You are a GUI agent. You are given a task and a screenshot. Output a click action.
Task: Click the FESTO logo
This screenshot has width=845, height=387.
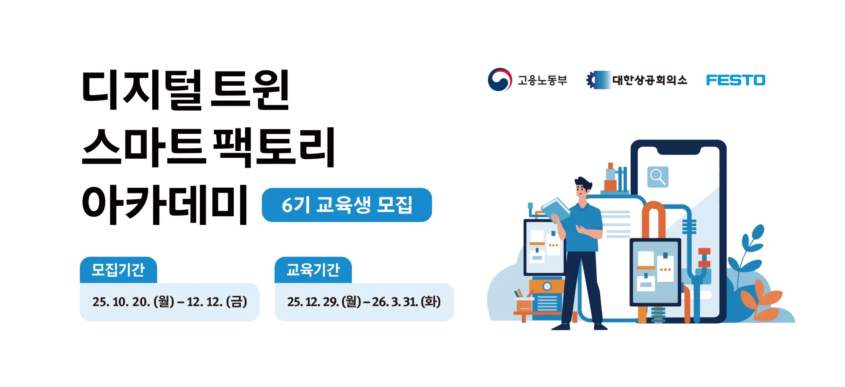(735, 80)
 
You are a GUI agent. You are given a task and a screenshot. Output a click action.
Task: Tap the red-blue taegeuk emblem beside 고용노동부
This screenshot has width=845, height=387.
(500, 80)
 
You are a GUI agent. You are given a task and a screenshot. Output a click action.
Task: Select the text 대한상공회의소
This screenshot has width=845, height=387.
(650, 80)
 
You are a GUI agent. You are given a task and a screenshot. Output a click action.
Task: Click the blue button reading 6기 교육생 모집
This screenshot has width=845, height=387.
(347, 205)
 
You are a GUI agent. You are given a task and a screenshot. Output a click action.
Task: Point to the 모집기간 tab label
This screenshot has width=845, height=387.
(118, 270)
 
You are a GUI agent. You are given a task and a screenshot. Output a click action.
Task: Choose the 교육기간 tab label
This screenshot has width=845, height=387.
(313, 270)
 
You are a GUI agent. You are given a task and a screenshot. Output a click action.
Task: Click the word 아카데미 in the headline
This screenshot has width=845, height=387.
(165, 205)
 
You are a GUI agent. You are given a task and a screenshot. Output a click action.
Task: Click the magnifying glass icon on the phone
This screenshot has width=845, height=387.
(658, 177)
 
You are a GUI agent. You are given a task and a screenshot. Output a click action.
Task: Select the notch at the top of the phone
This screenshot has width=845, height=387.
(678, 151)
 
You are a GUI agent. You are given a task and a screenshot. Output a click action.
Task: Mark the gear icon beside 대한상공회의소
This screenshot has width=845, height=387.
(593, 80)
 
